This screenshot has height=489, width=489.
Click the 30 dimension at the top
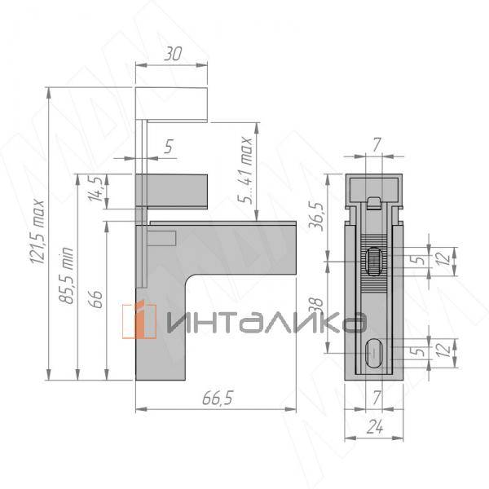[173, 55]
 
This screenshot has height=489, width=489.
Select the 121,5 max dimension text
[38, 231]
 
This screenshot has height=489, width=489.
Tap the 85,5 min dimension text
[66, 275]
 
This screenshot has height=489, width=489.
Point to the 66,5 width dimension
[218, 399]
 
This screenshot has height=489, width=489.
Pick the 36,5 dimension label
[316, 216]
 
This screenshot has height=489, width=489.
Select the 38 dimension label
[316, 306]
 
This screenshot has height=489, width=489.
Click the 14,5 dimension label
[95, 189]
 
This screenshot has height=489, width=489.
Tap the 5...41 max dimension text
[244, 170]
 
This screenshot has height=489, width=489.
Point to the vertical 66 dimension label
[97, 299]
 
